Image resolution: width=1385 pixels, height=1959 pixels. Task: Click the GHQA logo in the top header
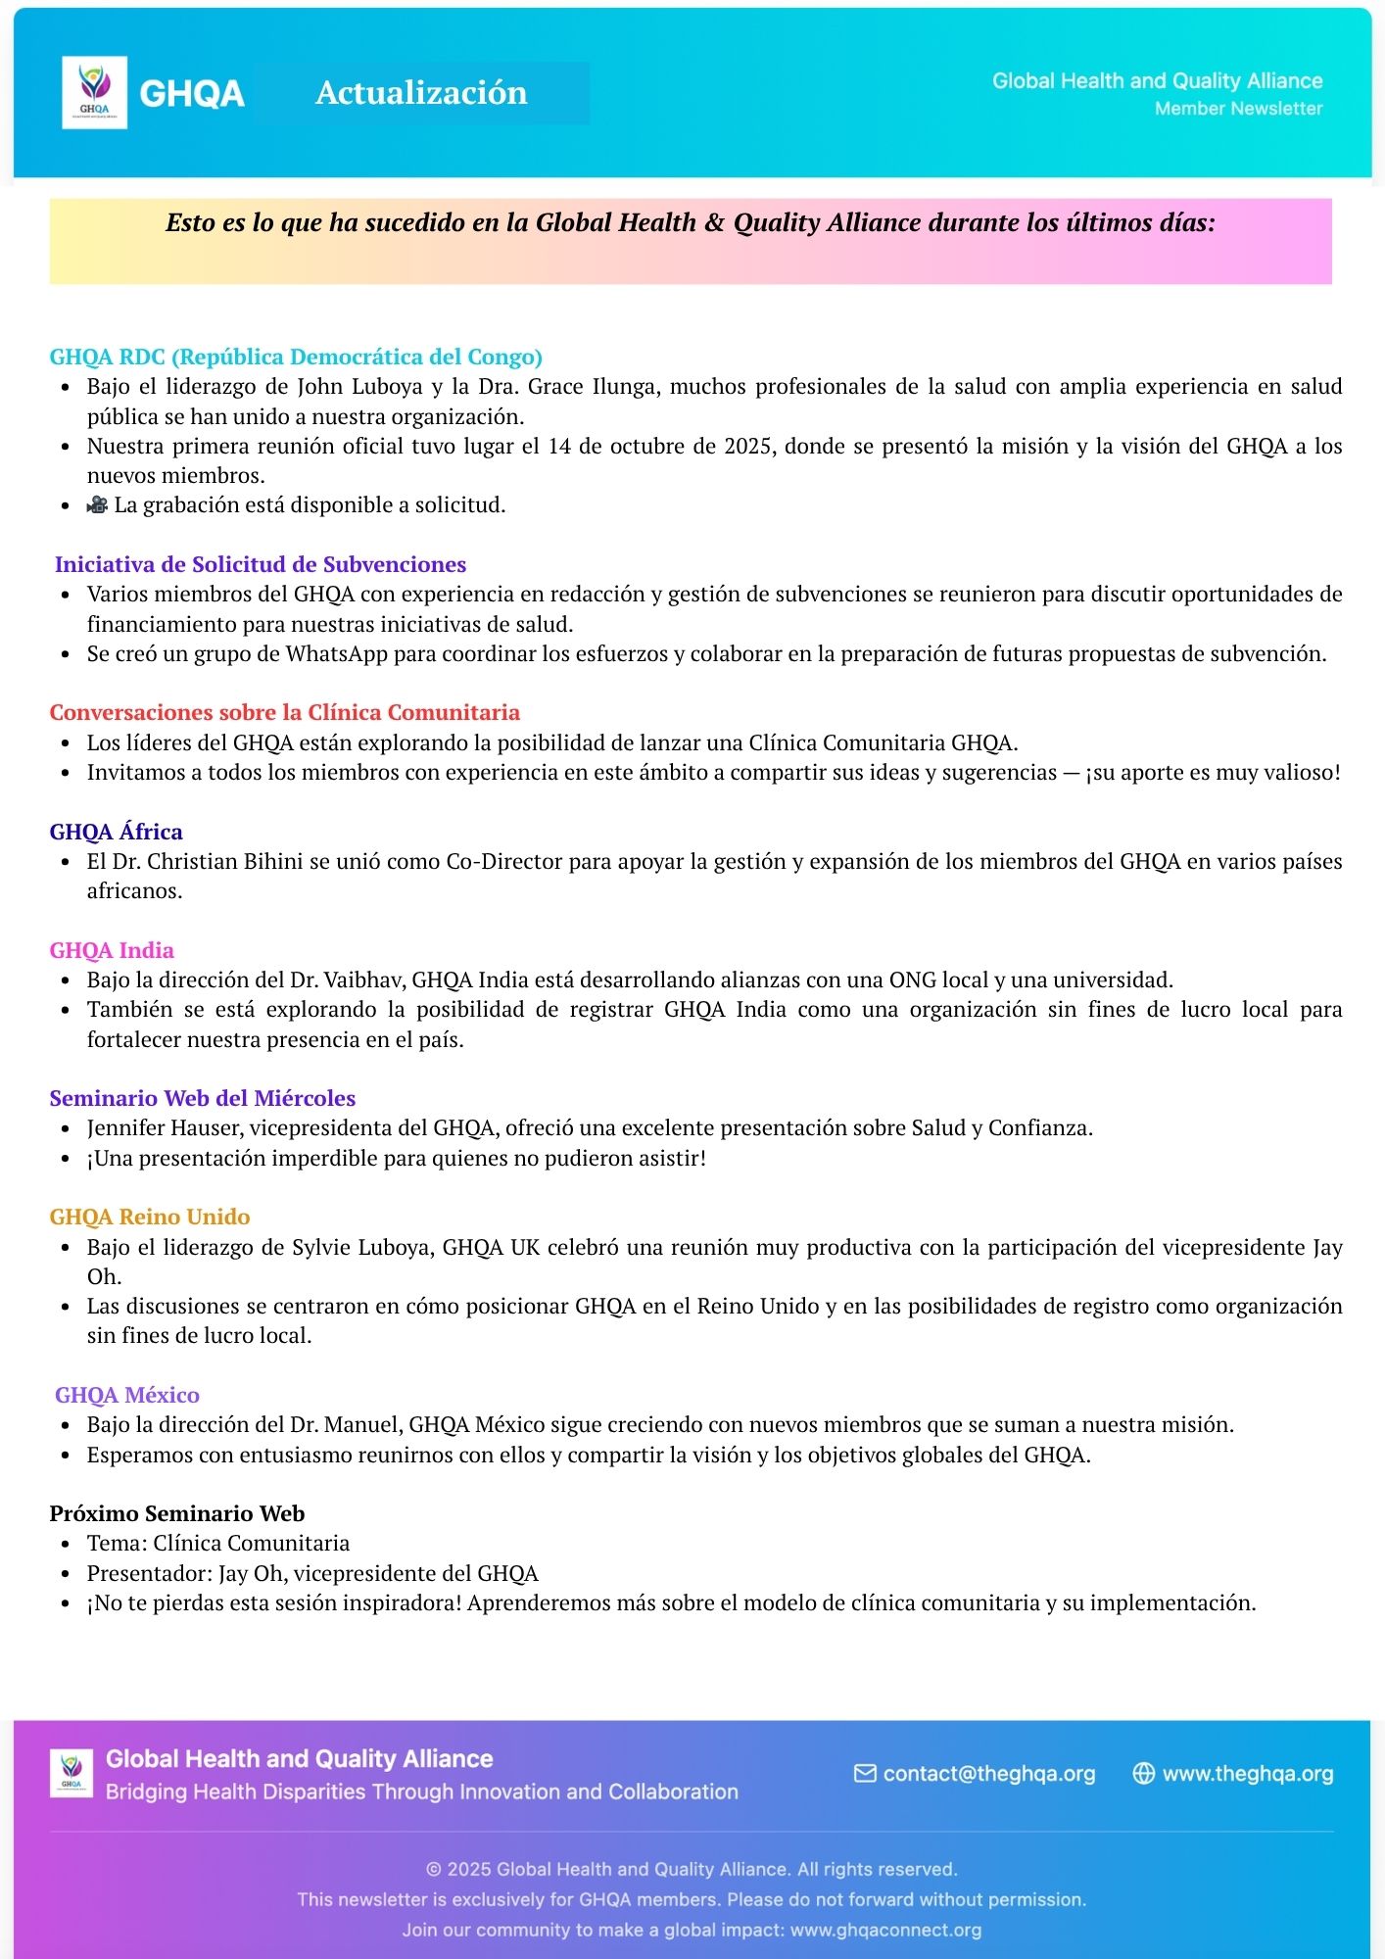tap(94, 92)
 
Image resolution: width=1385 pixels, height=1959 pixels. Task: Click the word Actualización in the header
tap(421, 93)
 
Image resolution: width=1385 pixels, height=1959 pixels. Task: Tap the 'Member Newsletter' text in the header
tap(1238, 109)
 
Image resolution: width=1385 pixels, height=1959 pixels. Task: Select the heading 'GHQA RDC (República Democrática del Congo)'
tap(296, 357)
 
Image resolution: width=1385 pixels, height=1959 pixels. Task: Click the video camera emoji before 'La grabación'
tap(97, 505)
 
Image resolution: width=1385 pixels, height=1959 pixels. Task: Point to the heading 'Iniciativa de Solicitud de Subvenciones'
tap(261, 564)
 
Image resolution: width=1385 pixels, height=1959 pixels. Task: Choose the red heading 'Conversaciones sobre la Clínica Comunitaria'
tap(285, 712)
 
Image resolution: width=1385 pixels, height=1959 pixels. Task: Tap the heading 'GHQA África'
tap(117, 832)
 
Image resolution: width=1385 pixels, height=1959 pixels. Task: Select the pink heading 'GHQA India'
tap(112, 950)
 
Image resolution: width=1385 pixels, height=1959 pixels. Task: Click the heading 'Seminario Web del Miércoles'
tap(203, 1098)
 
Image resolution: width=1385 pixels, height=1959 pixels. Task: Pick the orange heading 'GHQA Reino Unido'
tap(150, 1217)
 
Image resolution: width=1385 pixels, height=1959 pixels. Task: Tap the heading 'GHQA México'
tap(127, 1395)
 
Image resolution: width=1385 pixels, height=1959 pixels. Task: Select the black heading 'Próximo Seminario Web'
tap(177, 1513)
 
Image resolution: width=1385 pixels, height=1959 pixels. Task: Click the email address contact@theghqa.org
tap(988, 1774)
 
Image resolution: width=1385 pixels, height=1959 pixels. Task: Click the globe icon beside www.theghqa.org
tap(1143, 1774)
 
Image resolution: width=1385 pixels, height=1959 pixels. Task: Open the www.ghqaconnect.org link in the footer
tap(885, 1930)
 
